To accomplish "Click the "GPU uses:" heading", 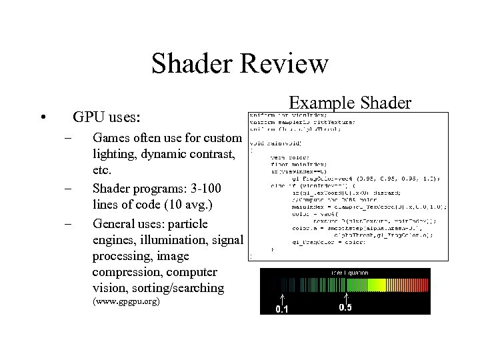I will [x=107, y=117].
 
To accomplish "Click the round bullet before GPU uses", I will [x=43, y=118].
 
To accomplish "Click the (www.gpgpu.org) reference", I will [x=126, y=302].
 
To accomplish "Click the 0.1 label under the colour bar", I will [x=283, y=309].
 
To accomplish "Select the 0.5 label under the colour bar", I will [x=346, y=307].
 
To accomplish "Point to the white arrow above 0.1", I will [x=282, y=298].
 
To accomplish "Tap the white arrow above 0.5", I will [x=346, y=297].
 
